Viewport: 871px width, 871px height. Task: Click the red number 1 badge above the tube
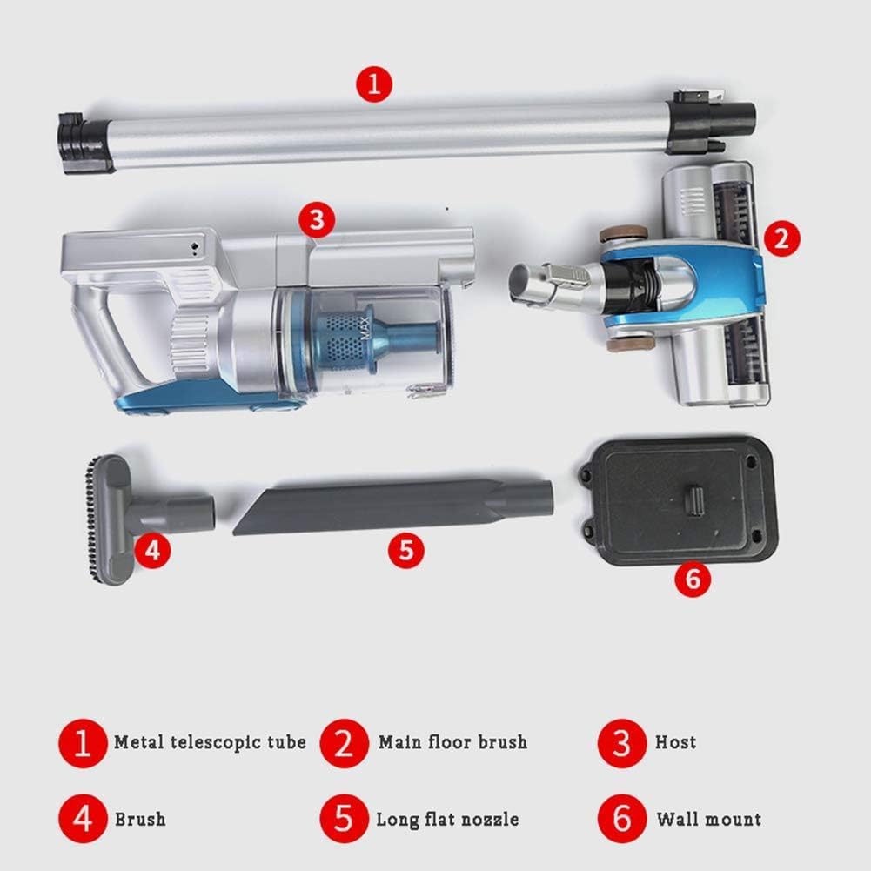(374, 85)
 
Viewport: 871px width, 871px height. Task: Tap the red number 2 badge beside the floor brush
(781, 238)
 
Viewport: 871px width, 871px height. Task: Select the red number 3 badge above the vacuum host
(316, 221)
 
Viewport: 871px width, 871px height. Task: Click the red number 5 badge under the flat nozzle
(406, 550)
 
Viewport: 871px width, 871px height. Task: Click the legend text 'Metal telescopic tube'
(210, 742)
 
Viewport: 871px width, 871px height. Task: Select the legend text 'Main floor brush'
(452, 742)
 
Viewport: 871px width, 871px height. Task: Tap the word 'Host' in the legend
(675, 742)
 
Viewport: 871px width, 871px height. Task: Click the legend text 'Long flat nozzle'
(447, 819)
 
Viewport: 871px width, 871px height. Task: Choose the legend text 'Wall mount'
(708, 819)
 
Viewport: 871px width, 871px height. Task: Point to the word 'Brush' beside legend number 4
(139, 819)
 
